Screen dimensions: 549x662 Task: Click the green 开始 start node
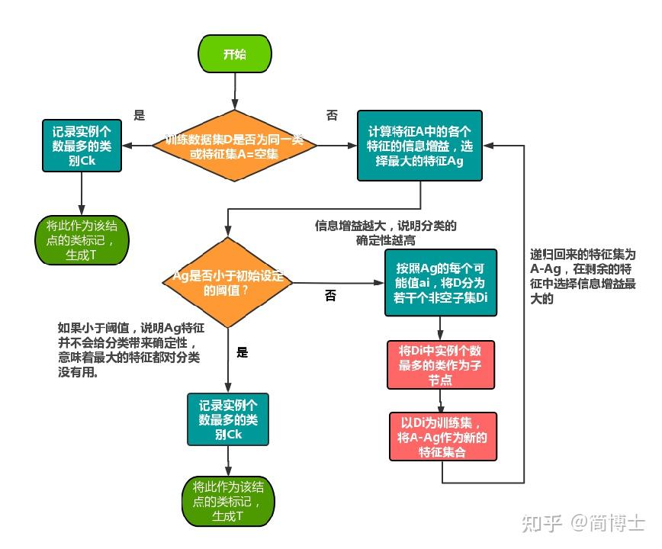(234, 55)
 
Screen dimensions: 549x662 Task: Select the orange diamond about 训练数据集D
(234, 147)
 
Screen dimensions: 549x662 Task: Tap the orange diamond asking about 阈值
(227, 283)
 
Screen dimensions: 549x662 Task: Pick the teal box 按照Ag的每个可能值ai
(441, 282)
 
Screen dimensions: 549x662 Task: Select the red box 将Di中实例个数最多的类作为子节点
(441, 367)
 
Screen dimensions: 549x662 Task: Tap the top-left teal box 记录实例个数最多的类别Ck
(81, 145)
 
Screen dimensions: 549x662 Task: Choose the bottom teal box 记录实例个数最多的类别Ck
(228, 419)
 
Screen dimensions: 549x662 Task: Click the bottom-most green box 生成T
(227, 501)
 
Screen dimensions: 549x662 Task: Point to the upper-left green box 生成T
(82, 239)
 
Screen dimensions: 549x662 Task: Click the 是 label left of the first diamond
(139, 115)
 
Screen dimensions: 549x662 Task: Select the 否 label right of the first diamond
(332, 115)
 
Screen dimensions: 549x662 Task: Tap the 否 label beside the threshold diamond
(330, 296)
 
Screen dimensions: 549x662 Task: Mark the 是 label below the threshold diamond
(242, 352)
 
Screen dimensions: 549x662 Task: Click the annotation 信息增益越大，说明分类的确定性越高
(386, 233)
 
